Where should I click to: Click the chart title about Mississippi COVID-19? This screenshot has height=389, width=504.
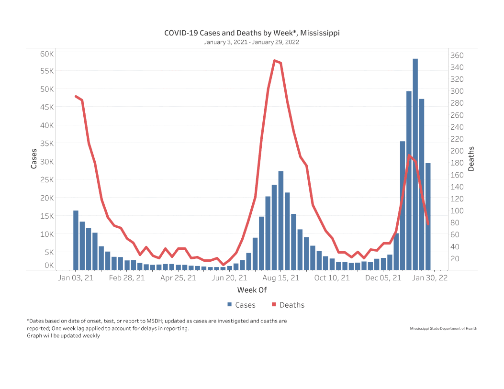click(x=252, y=33)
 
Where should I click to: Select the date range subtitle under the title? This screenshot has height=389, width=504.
click(x=252, y=42)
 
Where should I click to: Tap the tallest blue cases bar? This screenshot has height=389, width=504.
click(x=415, y=163)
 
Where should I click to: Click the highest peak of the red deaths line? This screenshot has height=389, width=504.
click(x=274, y=61)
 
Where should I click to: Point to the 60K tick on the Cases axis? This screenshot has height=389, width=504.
click(x=46, y=54)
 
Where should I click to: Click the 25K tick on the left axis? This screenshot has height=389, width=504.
click(x=46, y=179)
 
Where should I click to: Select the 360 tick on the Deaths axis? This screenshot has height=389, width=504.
click(x=457, y=55)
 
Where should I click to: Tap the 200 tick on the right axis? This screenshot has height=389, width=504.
click(x=457, y=151)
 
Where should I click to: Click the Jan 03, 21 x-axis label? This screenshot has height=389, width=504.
click(x=75, y=278)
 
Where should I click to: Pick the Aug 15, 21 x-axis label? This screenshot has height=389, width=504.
click(x=281, y=278)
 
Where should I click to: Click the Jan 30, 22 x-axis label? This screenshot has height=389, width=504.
click(x=429, y=278)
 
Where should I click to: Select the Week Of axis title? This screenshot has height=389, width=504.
click(x=252, y=290)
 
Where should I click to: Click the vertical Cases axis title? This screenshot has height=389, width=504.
click(x=34, y=159)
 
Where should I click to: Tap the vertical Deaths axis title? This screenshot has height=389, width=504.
click(x=471, y=159)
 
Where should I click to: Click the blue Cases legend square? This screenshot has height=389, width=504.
click(x=230, y=305)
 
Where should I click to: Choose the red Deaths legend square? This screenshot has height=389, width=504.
click(x=274, y=305)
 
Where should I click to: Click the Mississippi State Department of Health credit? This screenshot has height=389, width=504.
click(x=444, y=328)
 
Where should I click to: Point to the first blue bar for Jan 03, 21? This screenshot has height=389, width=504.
click(x=76, y=239)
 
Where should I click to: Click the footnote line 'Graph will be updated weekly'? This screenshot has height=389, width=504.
click(x=64, y=336)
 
